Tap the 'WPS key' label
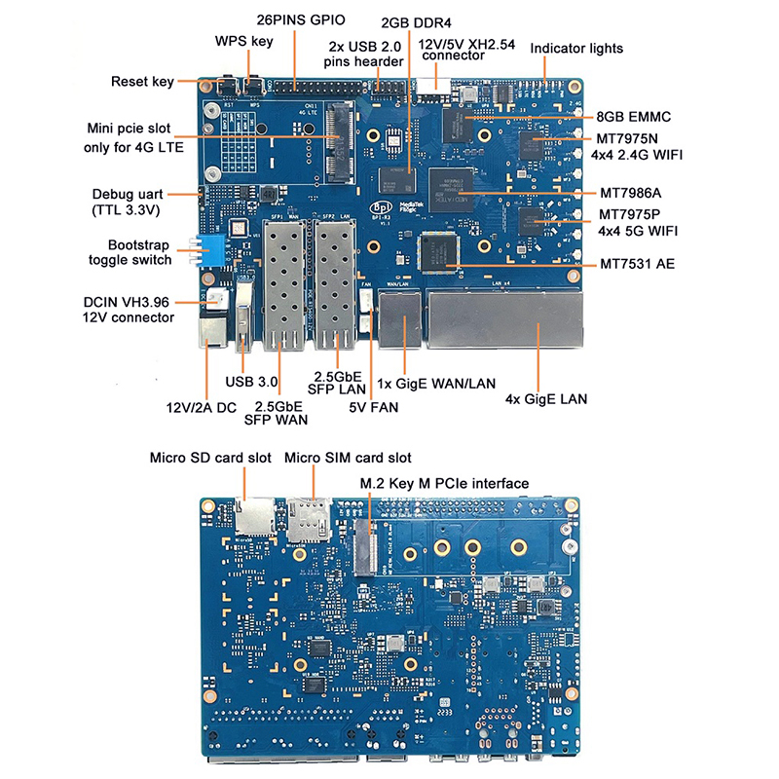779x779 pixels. (243, 41)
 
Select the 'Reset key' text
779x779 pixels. (142, 82)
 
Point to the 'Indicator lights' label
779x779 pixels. (576, 48)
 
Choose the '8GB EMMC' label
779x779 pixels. (634, 116)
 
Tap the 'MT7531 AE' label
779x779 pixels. (637, 264)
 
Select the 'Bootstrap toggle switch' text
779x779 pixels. (130, 252)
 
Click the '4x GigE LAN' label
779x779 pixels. (545, 398)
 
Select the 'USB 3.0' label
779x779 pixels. (253, 381)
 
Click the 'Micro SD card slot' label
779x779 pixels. (210, 457)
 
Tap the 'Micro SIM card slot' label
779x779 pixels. (347, 457)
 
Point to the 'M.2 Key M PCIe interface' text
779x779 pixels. (444, 483)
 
